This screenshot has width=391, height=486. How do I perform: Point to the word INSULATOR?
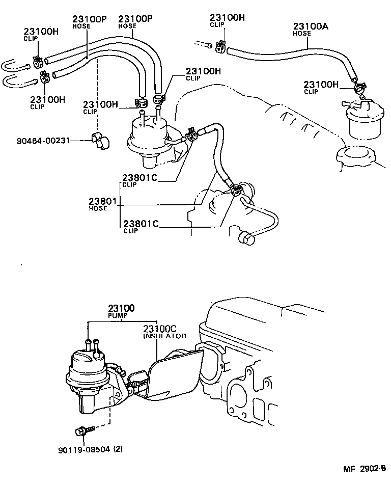pos(164,336)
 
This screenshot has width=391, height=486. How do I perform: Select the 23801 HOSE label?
pos(101,204)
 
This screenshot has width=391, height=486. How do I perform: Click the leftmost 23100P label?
pos(90,19)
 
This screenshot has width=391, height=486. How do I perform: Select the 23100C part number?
pos(159,329)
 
